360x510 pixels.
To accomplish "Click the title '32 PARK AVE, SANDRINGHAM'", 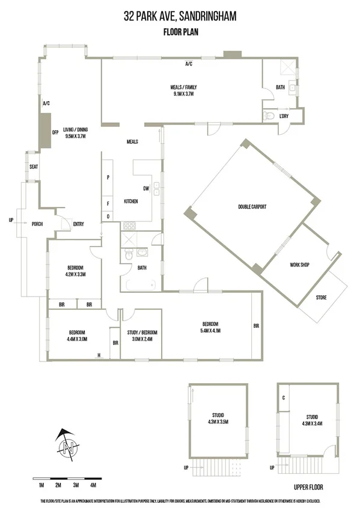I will tap(180, 17).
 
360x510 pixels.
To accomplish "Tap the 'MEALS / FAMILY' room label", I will tap(184, 87).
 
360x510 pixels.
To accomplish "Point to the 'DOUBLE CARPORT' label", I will tap(252, 207).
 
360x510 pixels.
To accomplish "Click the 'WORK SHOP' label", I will tap(299, 265).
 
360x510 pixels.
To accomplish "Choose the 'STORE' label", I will tap(322, 297).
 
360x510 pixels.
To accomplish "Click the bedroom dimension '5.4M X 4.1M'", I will tap(210, 330).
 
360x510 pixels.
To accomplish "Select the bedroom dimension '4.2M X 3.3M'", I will tap(75, 274).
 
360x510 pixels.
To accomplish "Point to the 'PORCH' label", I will tap(37, 224).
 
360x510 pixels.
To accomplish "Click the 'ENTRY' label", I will tap(78, 224).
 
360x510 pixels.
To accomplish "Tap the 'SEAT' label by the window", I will tap(34, 167).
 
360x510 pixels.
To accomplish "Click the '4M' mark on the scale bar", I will tap(93, 485).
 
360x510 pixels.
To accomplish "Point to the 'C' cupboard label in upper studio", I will tap(284, 398).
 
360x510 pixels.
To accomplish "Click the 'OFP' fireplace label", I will tap(55, 132).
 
